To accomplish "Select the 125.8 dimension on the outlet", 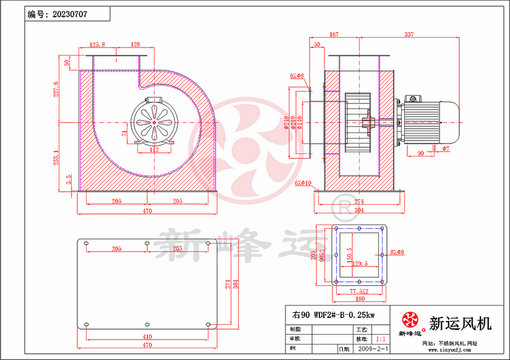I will pos(98,45).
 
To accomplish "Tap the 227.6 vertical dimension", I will pos(56,89).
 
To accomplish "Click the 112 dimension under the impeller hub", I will pos(154,149).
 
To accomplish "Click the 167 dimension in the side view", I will pos(351,35).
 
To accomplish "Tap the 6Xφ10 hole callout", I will pos(303,183).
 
